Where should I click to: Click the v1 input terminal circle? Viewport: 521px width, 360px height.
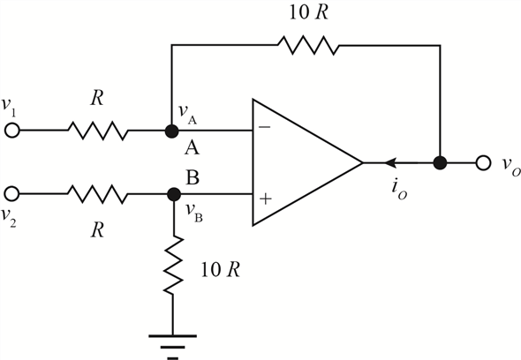tap(12, 131)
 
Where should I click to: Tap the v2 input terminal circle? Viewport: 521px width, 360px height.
tap(12, 193)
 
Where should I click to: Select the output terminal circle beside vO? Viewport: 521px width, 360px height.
tap(483, 163)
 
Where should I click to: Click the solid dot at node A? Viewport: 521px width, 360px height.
tap(172, 131)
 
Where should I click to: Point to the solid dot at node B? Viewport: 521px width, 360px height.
tap(173, 194)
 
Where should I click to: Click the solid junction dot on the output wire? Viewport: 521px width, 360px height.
tap(441, 163)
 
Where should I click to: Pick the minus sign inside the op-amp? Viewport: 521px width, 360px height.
tap(265, 126)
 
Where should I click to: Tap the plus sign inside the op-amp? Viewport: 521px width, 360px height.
tap(266, 199)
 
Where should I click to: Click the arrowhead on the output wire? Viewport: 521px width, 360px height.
tap(390, 162)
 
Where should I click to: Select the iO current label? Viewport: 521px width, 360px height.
tap(399, 191)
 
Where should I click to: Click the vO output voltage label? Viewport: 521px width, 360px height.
tap(511, 165)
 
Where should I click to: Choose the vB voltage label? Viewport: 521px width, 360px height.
tap(194, 212)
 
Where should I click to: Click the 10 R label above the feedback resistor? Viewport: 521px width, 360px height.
tap(309, 12)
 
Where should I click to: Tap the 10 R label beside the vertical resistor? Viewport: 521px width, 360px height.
tap(220, 269)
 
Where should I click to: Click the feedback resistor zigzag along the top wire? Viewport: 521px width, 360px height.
tap(308, 45)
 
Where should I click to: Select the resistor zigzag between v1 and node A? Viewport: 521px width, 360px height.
tap(98, 131)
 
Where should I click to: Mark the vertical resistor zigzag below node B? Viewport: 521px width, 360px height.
tap(173, 265)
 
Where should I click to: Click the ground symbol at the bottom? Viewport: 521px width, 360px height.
tap(172, 348)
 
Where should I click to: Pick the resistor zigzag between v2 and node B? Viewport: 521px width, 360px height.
tap(98, 194)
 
